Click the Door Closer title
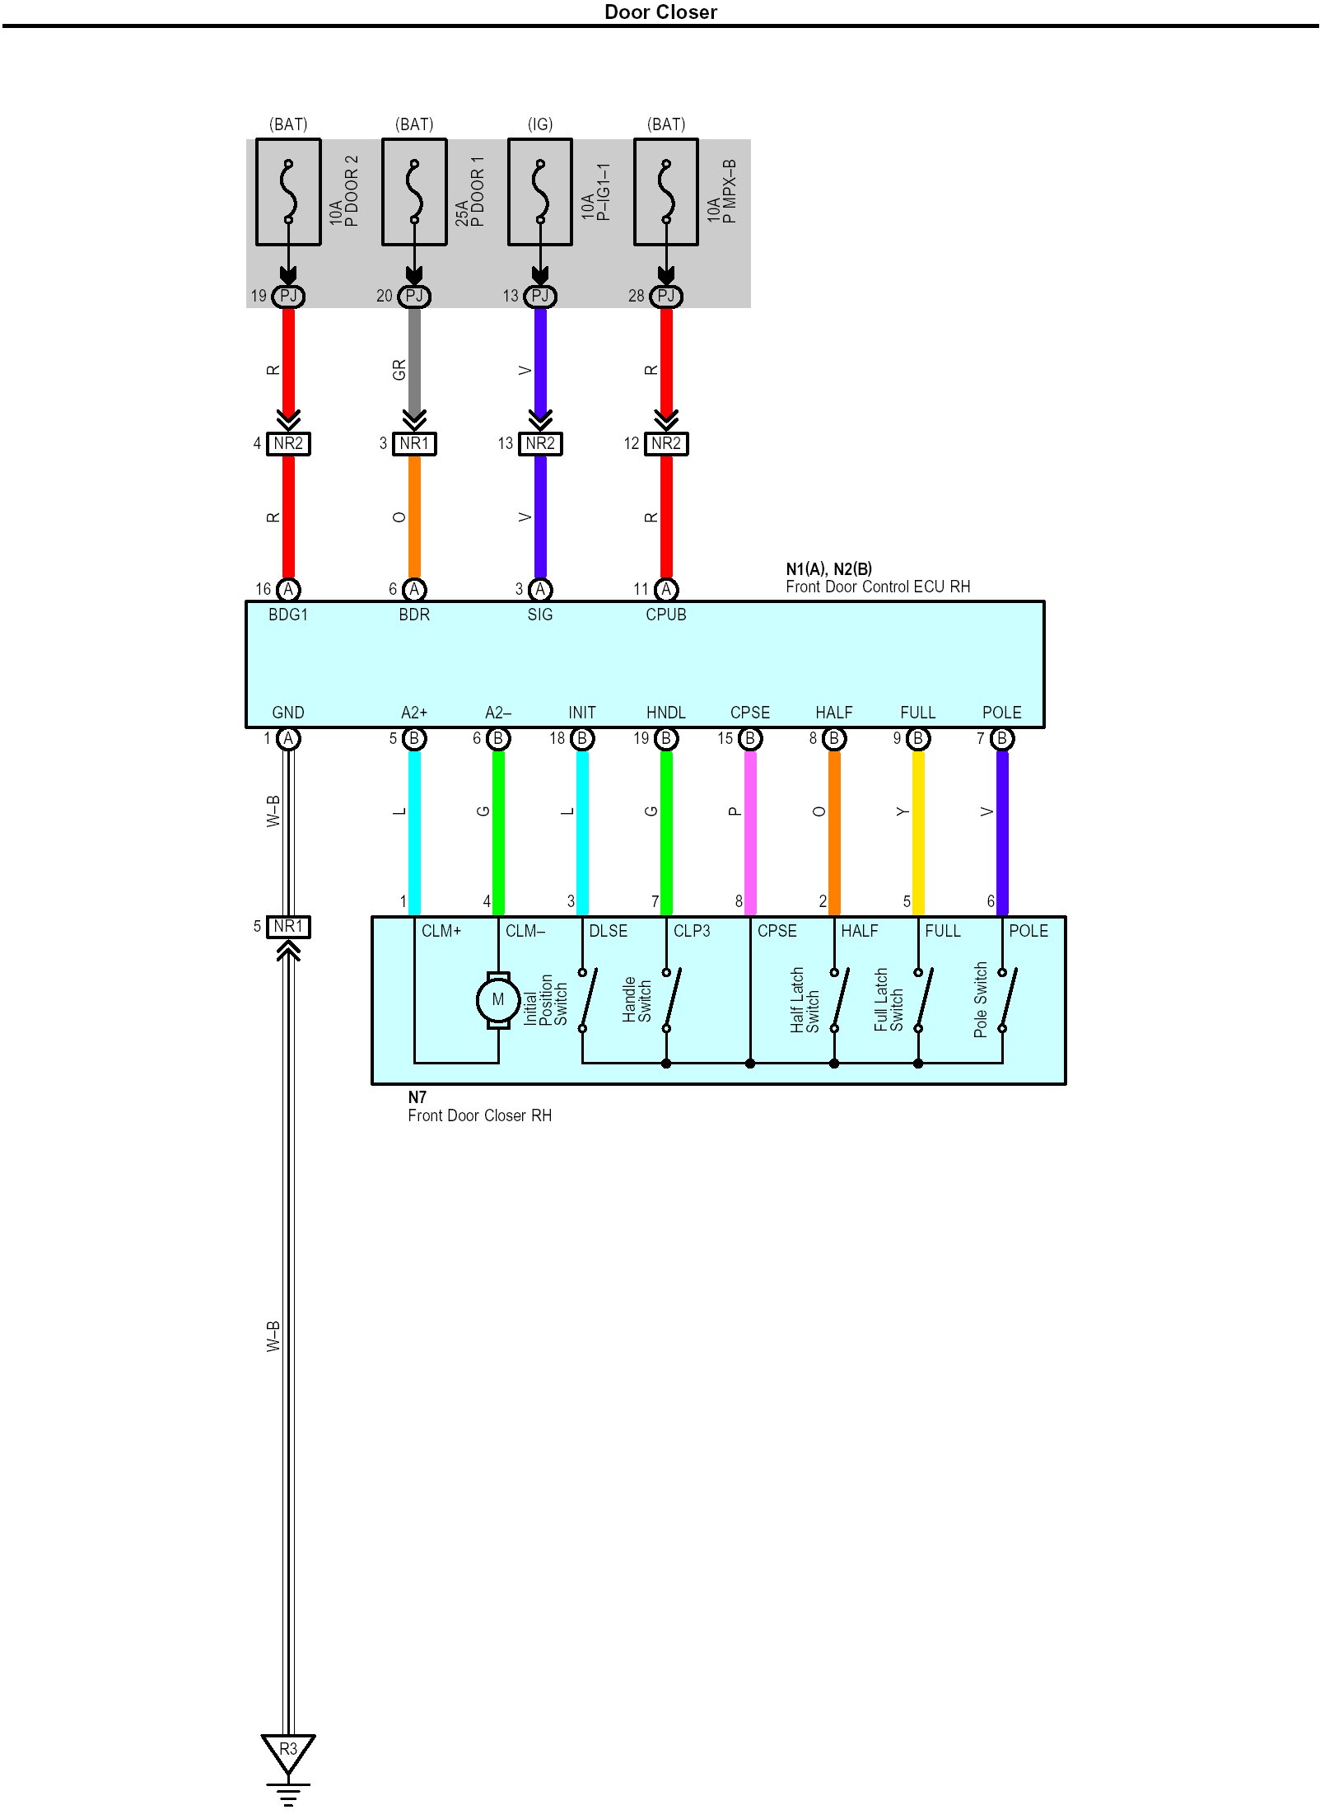[660, 12]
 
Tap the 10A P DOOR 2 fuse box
[288, 192]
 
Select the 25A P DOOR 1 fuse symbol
[414, 192]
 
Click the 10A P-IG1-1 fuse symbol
[540, 192]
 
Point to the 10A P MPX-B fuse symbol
[666, 192]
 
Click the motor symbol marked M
[498, 1000]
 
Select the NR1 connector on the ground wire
[288, 927]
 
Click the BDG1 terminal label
[288, 615]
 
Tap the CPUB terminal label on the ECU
[666, 615]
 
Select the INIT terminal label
[582, 713]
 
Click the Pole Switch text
[980, 999]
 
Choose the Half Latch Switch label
[805, 1000]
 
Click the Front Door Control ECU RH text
[878, 587]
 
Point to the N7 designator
[417, 1097]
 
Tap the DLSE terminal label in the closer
[609, 931]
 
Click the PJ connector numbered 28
[666, 296]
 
